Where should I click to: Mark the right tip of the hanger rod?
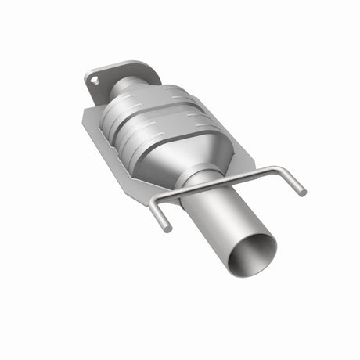click(302, 192)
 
